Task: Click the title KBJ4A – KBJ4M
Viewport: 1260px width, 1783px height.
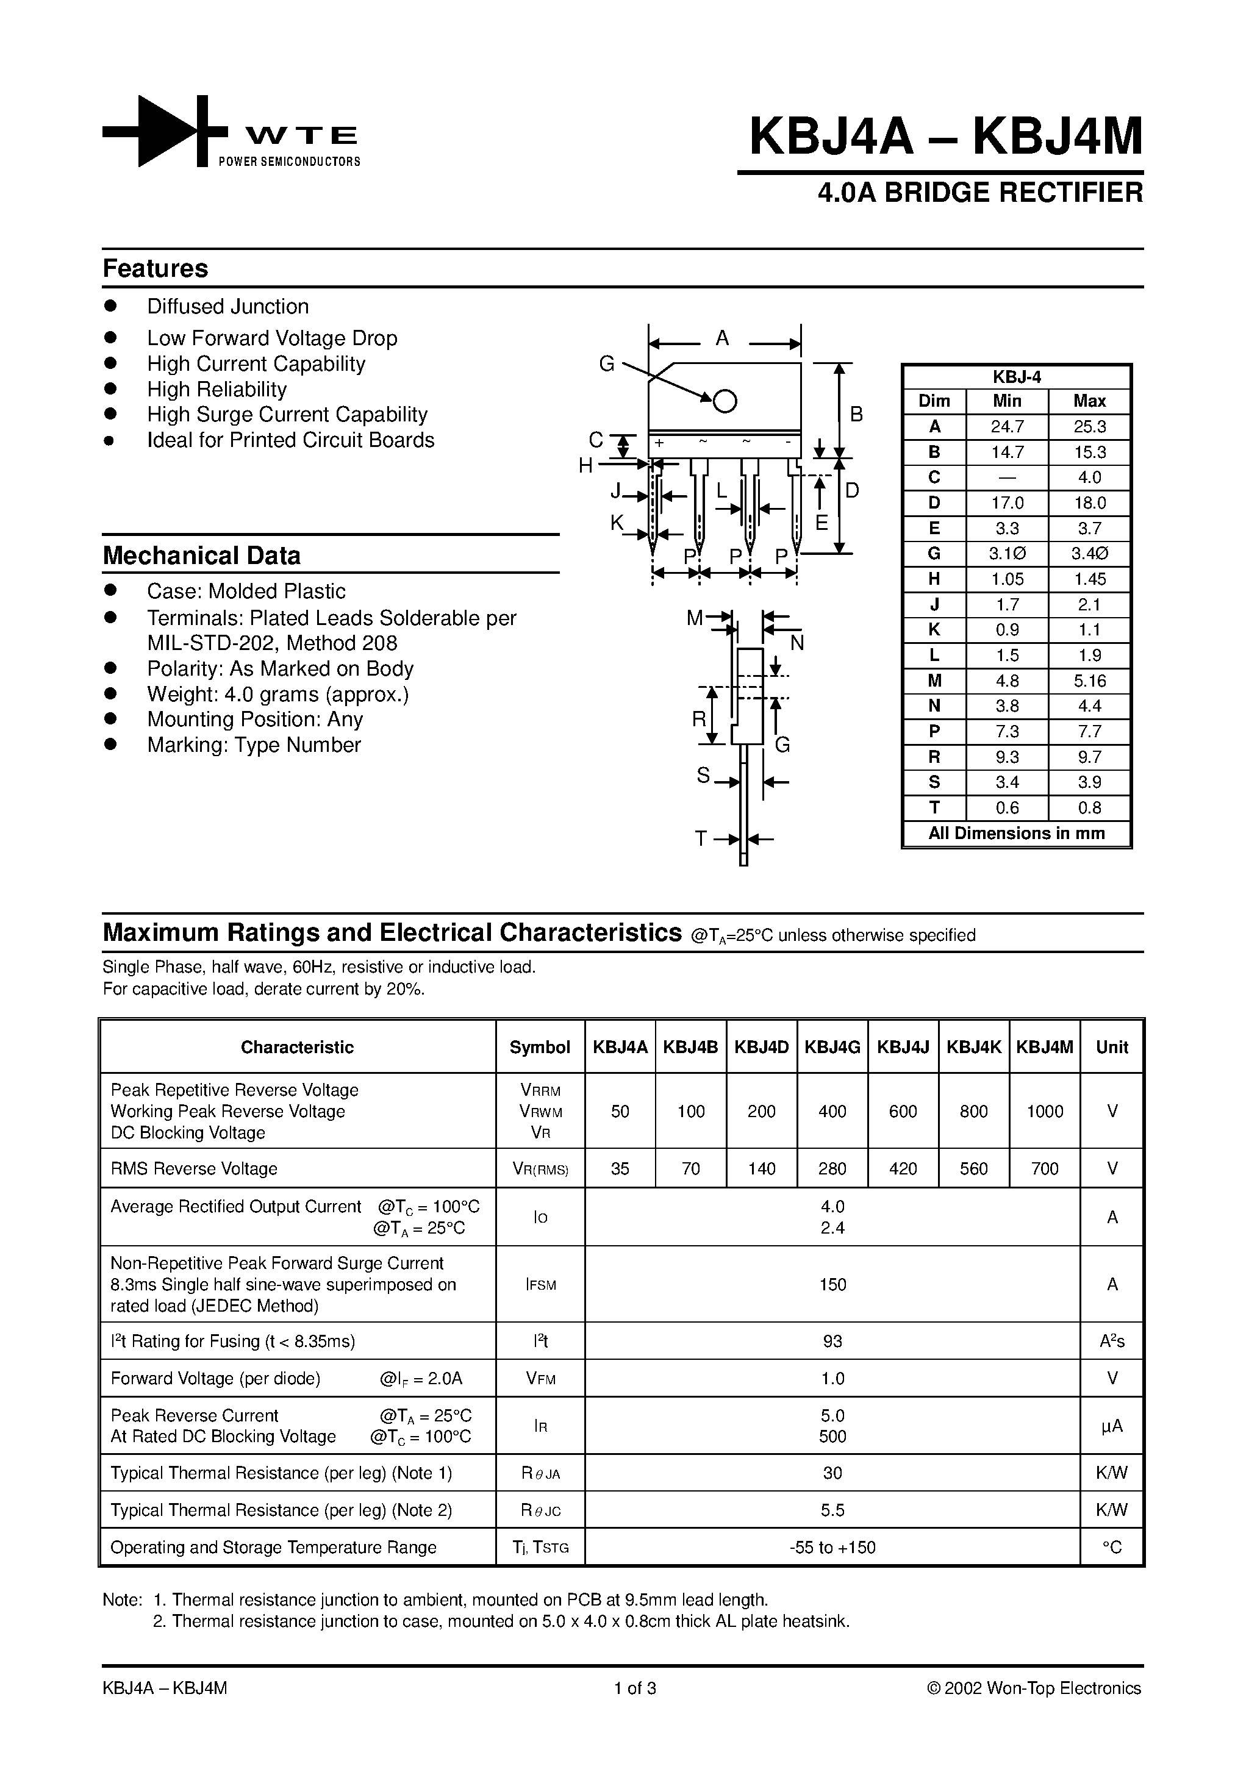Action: [x=945, y=137]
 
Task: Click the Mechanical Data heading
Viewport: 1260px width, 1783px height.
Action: [x=201, y=556]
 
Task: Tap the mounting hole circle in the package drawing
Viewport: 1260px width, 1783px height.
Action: [x=725, y=401]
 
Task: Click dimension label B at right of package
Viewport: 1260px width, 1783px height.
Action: [x=856, y=415]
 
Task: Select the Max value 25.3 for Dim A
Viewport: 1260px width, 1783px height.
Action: [x=1089, y=427]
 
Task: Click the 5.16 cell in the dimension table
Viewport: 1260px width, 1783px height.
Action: [x=1089, y=681]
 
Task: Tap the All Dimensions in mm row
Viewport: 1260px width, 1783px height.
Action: [x=1016, y=833]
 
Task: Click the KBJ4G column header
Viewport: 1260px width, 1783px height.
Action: [x=832, y=1047]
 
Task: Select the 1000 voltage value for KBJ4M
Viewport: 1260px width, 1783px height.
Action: [x=1044, y=1111]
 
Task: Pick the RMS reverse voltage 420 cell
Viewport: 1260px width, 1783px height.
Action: [x=903, y=1169]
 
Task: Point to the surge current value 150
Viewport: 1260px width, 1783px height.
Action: [x=832, y=1284]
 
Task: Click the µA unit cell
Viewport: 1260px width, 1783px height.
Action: [x=1112, y=1426]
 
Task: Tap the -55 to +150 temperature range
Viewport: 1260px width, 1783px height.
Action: [x=832, y=1547]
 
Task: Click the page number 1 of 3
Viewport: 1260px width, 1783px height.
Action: [x=635, y=1688]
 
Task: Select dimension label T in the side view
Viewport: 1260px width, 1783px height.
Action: [x=701, y=838]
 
